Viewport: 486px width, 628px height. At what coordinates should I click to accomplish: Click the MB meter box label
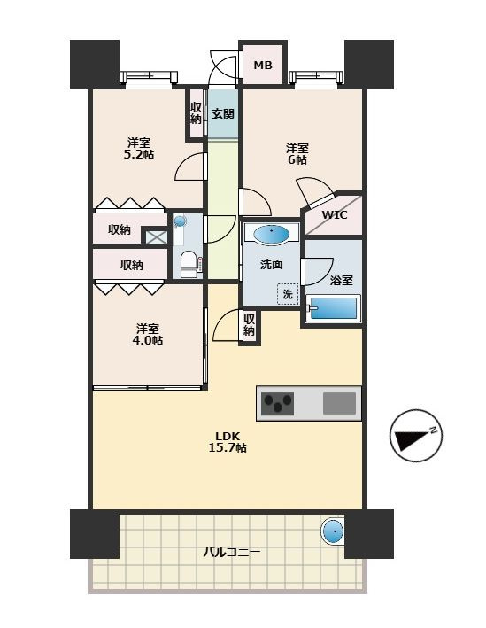click(263, 65)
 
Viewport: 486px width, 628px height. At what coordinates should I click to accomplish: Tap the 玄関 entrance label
click(223, 113)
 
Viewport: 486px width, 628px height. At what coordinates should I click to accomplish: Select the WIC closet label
click(335, 215)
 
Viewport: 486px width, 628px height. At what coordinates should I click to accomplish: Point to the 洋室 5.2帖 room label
click(139, 149)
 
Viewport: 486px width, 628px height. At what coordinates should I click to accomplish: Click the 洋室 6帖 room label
click(297, 154)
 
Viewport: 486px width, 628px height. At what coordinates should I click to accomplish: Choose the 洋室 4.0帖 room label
click(148, 335)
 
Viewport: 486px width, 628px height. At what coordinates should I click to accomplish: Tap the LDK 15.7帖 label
click(228, 442)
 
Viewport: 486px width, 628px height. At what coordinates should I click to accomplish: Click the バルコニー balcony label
click(232, 553)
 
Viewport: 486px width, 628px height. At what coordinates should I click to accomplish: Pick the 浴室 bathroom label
click(342, 281)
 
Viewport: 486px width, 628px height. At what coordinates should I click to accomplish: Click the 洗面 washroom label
click(272, 264)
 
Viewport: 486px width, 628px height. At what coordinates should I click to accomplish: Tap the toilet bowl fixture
click(189, 265)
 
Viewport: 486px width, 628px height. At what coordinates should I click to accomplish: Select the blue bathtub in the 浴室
click(333, 308)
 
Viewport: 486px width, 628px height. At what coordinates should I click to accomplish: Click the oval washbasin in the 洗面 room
click(272, 234)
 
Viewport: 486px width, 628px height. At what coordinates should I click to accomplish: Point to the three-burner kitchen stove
click(277, 403)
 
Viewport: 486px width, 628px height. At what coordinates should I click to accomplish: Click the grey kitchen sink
click(339, 403)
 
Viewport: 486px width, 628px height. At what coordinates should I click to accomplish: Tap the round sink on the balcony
click(333, 531)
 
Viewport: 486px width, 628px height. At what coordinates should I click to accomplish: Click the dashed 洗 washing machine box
click(288, 294)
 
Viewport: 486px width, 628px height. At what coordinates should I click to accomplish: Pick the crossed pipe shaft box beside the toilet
click(156, 236)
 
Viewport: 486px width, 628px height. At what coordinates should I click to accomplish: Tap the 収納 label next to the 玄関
click(196, 113)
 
